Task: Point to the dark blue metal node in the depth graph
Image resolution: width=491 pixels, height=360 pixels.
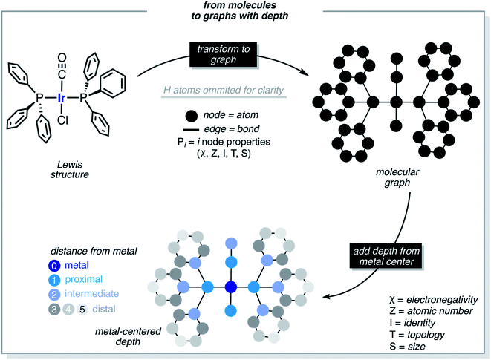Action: coord(230,287)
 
